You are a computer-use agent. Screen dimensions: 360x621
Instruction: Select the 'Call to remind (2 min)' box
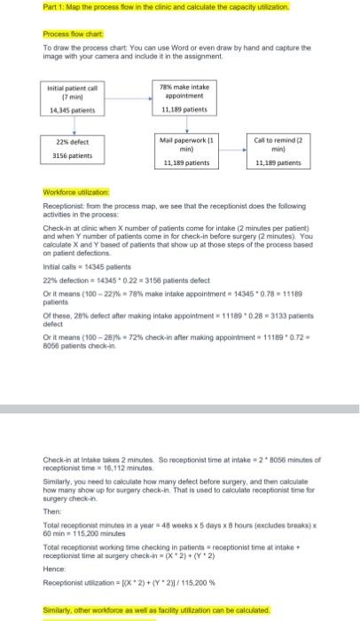coord(277,145)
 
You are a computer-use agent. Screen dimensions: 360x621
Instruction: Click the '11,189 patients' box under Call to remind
coord(277,164)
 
